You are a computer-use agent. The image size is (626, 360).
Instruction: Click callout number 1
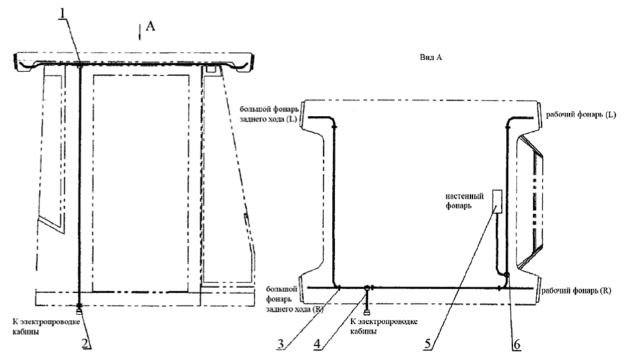pos(62,13)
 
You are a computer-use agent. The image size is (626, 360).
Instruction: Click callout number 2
pos(85,343)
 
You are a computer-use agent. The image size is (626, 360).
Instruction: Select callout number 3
pos(281,343)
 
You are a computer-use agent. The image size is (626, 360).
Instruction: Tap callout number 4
pos(318,343)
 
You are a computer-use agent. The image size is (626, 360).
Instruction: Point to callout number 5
pos(428,343)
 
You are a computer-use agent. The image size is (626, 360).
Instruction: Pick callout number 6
pos(516,343)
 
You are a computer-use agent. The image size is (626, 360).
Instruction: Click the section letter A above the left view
pos(150,27)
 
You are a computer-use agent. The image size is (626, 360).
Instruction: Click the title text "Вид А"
pos(431,58)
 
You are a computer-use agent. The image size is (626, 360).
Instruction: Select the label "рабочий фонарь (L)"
pos(581,114)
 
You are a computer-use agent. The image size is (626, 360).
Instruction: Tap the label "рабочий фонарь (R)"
pos(576,290)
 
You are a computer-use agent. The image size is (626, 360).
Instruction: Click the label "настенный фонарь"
pos(465,201)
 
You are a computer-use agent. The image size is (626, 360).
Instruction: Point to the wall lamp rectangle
pos(497,203)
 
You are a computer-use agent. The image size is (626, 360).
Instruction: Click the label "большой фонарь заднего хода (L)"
pos(269,114)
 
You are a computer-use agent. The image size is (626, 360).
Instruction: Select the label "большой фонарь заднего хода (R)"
pos(282,298)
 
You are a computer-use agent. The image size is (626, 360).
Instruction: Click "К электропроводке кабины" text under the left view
pos(54,327)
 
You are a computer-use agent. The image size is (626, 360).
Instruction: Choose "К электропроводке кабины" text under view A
pos(384,326)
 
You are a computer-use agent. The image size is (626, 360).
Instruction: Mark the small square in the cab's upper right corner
pos(211,70)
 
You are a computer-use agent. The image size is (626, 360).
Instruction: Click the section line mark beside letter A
pos(140,33)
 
